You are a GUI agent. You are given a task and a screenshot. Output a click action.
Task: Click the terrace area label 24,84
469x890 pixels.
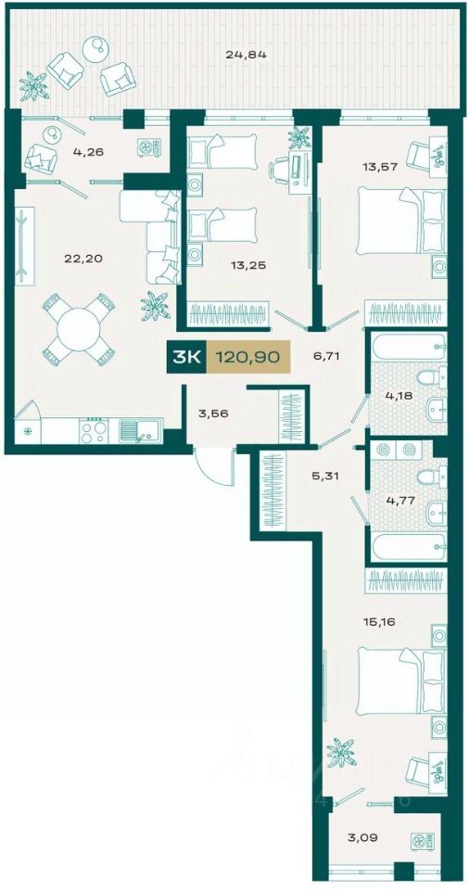coord(246,55)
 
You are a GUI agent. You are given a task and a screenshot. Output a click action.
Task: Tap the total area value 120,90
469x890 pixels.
coord(247,357)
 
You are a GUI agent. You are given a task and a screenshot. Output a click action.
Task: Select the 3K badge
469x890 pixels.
coord(187,357)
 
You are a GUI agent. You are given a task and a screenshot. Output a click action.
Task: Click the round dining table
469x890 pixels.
coord(79,329)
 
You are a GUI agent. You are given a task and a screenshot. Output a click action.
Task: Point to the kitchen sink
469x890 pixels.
coord(141,431)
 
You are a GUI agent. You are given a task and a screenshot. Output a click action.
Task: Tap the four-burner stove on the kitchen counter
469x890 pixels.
coord(94,431)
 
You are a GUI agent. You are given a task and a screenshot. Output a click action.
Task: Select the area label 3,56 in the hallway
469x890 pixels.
coord(215,413)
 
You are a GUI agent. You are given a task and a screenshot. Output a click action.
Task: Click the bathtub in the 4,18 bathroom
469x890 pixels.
coord(408,347)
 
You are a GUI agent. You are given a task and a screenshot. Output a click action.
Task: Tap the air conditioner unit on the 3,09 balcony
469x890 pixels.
coord(423,841)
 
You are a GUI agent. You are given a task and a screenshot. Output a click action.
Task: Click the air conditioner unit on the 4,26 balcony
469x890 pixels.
coord(149,147)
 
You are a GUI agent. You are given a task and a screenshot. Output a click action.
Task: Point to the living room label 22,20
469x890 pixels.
coord(79,259)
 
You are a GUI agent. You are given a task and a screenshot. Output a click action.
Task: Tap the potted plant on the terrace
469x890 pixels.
coord(33,85)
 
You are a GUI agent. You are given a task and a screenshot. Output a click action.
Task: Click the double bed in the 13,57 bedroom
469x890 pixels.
coord(401,221)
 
